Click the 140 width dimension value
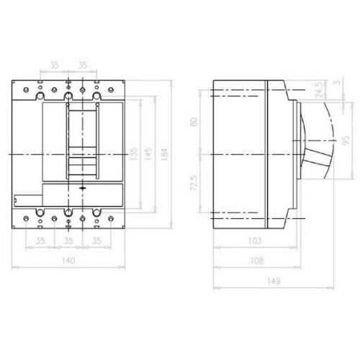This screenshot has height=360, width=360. [68, 261]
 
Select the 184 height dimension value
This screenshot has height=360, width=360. [164, 154]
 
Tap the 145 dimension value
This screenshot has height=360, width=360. [148, 154]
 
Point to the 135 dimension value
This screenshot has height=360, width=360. [134, 154]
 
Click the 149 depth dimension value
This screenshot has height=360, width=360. [274, 281]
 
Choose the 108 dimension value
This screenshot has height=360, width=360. [257, 261]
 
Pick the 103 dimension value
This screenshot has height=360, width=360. [255, 240]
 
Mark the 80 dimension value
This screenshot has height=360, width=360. [194, 122]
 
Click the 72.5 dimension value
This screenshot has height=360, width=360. [194, 183]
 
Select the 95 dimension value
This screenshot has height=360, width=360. [346, 140]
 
